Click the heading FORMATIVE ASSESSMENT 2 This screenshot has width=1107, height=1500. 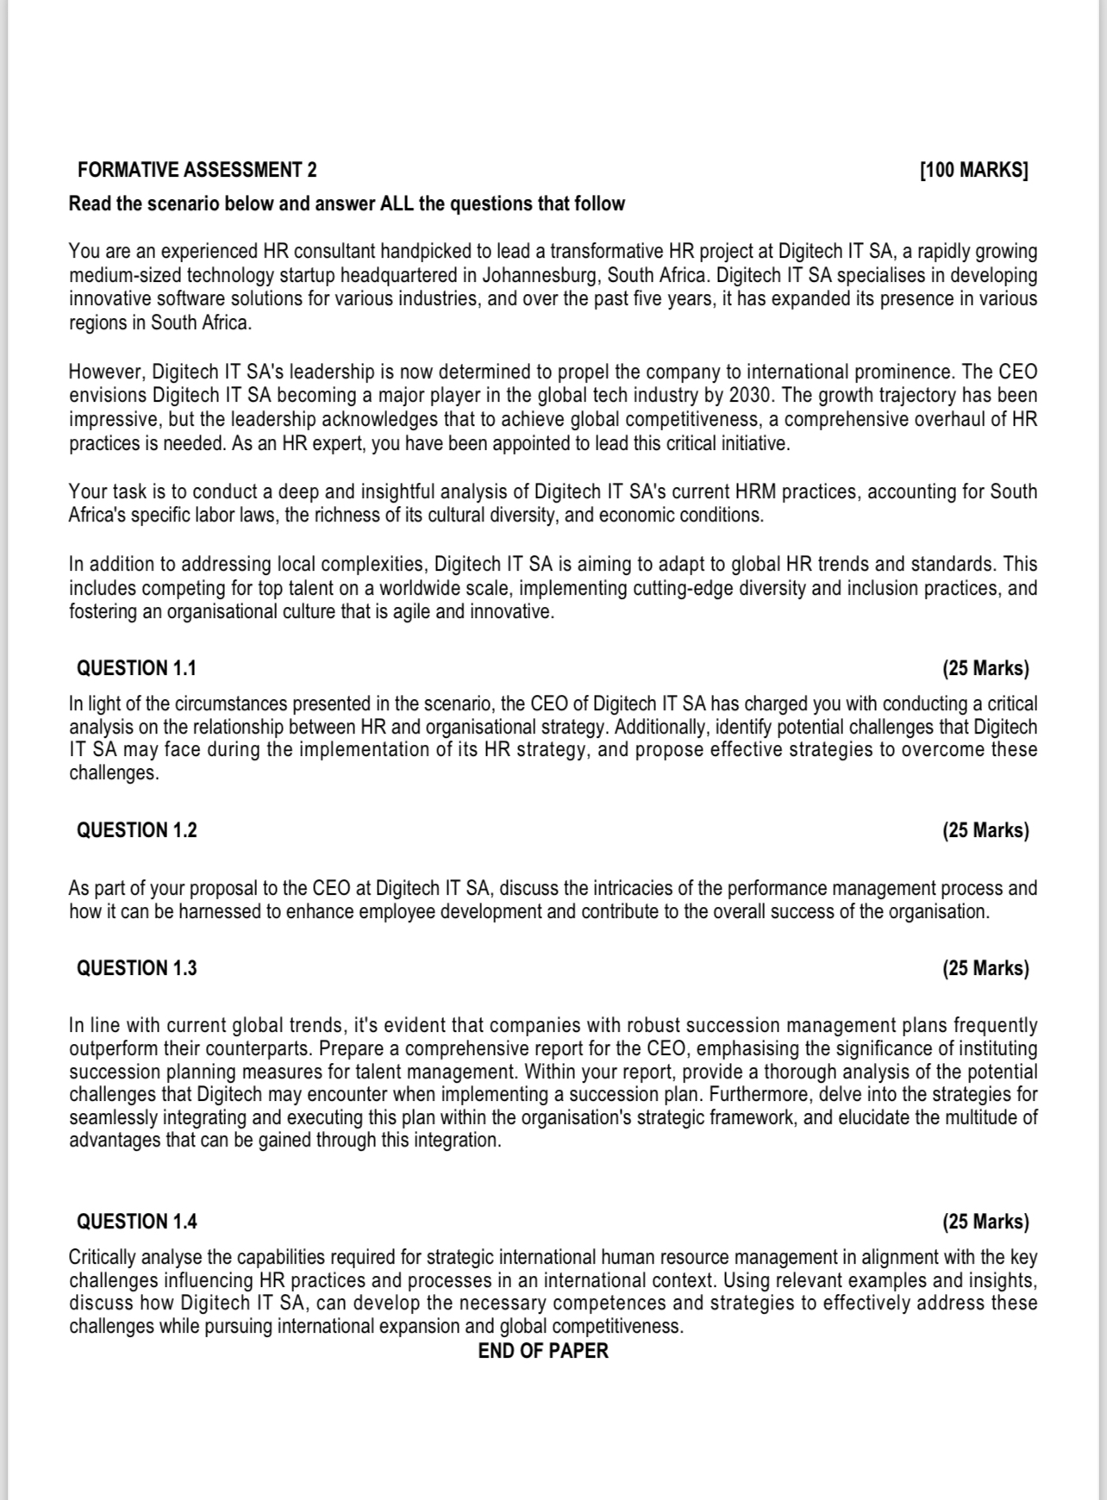tap(197, 170)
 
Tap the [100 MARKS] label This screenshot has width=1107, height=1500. tap(974, 170)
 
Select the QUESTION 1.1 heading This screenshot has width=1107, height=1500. tap(136, 668)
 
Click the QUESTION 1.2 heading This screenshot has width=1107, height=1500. tap(136, 830)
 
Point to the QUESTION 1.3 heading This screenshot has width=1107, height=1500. tap(136, 968)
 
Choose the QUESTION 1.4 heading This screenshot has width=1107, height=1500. tap(136, 1222)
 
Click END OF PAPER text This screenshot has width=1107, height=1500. tap(543, 1351)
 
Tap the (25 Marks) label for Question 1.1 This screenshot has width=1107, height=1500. tap(985, 668)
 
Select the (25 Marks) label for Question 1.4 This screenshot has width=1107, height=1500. tap(985, 1222)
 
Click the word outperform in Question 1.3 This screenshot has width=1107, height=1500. tap(114, 1049)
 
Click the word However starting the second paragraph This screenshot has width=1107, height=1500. tap(106, 372)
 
